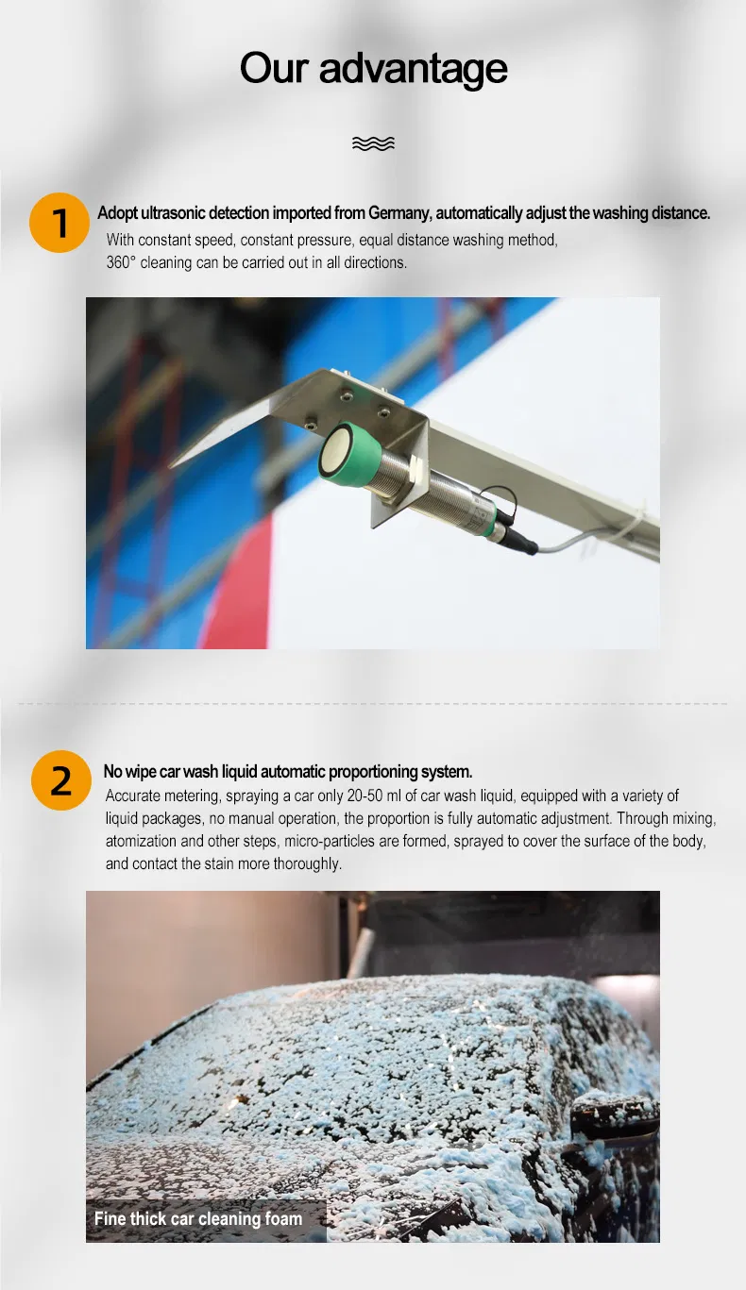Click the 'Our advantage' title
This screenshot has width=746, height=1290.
tap(373, 69)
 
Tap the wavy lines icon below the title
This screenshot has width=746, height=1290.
tap(373, 143)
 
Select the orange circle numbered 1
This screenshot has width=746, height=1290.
tap(59, 224)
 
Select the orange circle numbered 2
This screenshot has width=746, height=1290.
tap(60, 781)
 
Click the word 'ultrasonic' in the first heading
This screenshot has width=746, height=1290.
tap(172, 213)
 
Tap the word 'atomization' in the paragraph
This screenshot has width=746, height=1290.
tap(142, 841)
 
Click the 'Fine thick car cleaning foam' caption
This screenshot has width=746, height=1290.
tap(198, 1219)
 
